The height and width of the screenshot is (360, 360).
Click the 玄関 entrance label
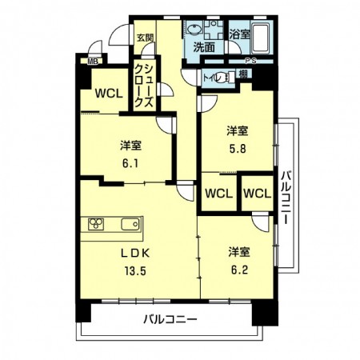point(144,37)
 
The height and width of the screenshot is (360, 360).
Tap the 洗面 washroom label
point(203,47)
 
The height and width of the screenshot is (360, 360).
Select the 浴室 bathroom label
point(239,35)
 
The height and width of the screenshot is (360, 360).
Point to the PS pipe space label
point(250,62)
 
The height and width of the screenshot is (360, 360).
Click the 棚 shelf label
point(242,74)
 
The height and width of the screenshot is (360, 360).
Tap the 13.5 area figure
point(135,270)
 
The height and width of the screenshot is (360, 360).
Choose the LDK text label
point(135,254)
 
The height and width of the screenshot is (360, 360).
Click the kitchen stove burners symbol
point(96,224)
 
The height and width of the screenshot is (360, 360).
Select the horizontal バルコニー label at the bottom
point(170,320)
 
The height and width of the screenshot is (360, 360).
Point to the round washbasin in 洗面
point(196,30)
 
